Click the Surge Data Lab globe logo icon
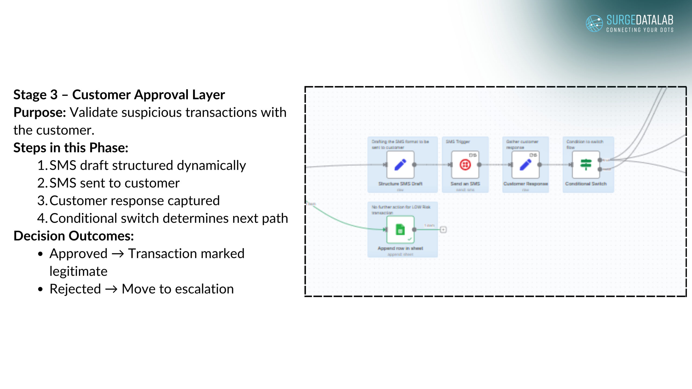[x=594, y=23]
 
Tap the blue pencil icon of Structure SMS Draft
[x=400, y=165]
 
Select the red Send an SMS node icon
[x=465, y=165]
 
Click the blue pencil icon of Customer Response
[x=525, y=165]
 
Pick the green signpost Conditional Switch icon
[x=586, y=165]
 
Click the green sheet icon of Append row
[x=400, y=230]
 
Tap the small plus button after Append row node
[x=443, y=230]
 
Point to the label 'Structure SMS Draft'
[x=400, y=184]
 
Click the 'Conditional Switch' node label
[x=586, y=184]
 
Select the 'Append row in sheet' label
[x=400, y=248]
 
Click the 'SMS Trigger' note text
[x=458, y=142]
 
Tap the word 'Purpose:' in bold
[x=40, y=112]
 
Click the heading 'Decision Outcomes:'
[x=74, y=236]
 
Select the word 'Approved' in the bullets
[x=78, y=254]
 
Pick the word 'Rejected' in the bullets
[x=75, y=289]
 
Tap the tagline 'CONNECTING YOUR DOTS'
[x=640, y=30]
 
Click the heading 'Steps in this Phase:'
[x=71, y=148]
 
